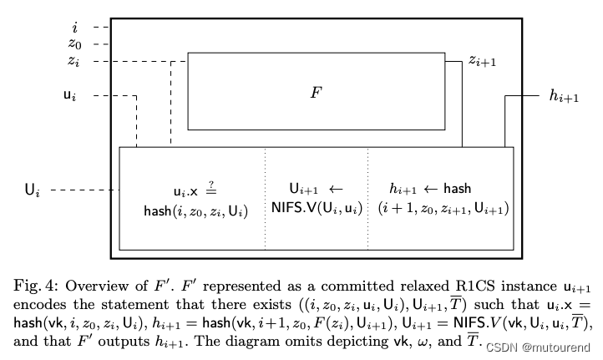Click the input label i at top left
75,28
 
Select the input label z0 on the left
74,44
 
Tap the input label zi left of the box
74,61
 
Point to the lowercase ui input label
71,96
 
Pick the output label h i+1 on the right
564,96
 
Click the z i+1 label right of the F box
484,60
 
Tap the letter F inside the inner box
317,92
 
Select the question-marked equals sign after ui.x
213,189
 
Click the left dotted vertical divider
266,198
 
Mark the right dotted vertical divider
367,198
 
